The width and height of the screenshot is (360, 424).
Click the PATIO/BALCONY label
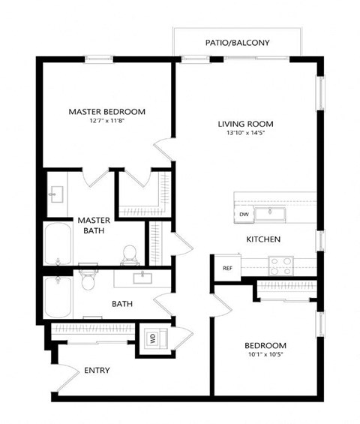click(x=237, y=43)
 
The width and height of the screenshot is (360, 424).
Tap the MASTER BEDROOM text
click(x=106, y=112)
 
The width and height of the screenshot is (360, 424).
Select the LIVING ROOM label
click(x=245, y=124)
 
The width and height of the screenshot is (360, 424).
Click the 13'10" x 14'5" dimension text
click(x=245, y=134)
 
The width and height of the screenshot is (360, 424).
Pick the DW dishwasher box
click(x=244, y=215)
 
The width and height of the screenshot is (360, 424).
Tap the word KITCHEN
click(x=263, y=239)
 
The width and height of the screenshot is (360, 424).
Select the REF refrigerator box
click(x=226, y=267)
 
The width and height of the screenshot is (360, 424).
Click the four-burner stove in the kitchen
click(x=281, y=265)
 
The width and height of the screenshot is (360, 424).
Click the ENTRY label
click(x=97, y=370)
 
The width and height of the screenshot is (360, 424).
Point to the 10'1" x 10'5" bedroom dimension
click(x=265, y=355)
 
